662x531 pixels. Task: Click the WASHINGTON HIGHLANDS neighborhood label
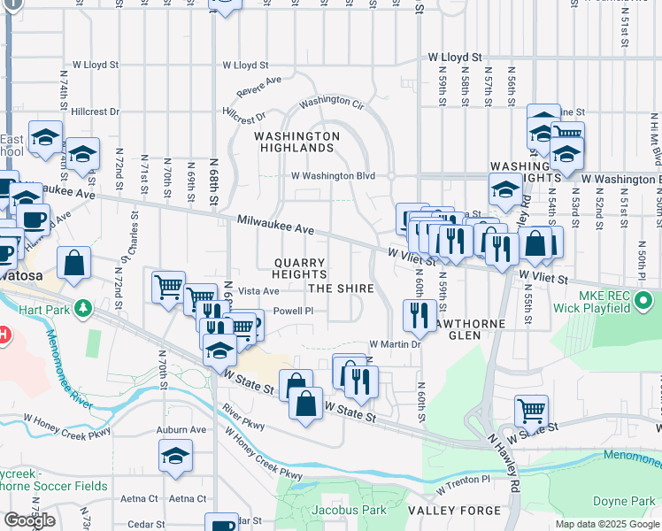296,142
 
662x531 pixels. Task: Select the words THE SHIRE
341,289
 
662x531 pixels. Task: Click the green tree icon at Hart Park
82,308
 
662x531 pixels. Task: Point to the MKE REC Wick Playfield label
606,301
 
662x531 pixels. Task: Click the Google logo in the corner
29,520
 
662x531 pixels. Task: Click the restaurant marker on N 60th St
419,316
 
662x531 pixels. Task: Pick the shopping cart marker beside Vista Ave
168,287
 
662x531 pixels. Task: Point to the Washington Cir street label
332,103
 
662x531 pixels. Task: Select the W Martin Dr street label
392,343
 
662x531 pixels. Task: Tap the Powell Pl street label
293,312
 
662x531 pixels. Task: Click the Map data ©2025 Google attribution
608,524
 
